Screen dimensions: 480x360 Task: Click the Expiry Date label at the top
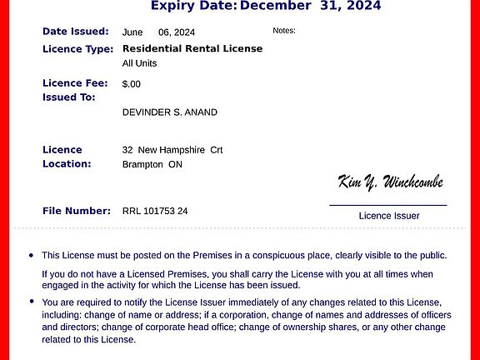193,6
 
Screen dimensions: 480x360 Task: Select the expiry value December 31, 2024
310,6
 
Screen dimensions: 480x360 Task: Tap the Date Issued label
76,32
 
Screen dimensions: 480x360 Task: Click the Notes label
284,31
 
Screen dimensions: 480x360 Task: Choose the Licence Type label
78,49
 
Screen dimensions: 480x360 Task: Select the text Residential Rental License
192,48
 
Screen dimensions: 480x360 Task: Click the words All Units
139,63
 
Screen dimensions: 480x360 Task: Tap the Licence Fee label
76,83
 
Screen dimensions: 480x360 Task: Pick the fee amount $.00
132,84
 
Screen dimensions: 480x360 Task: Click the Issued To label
69,97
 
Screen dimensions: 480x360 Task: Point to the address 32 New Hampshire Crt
172,150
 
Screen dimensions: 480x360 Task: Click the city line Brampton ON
152,164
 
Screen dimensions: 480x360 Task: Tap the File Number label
77,211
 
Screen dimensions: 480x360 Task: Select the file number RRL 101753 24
155,211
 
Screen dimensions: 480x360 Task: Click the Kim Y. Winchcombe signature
390,182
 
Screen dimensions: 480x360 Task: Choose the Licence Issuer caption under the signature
389,216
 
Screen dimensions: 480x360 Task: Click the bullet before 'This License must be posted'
32,256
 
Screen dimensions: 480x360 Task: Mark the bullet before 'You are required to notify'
32,302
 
